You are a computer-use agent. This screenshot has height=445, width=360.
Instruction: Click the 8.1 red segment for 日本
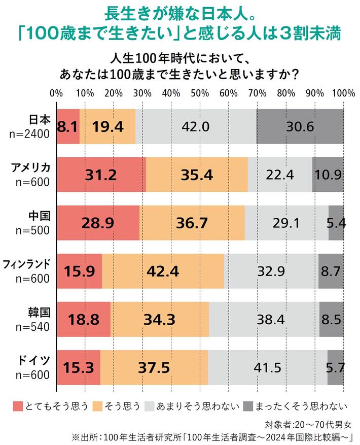pos(68,126)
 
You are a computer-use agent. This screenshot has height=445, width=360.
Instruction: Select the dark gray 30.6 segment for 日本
pos(300,126)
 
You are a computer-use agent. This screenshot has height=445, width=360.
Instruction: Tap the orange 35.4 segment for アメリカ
pos(197,175)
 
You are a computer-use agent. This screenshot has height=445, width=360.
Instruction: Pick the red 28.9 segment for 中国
pos(98,223)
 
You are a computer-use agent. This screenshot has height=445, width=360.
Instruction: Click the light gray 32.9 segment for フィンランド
pos(271,271)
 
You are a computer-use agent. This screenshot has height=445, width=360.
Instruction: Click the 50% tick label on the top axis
pos(200,93)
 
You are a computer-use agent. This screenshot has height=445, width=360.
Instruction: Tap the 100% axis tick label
pos(345,93)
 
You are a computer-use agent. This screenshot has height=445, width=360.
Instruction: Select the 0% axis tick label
pos(56,93)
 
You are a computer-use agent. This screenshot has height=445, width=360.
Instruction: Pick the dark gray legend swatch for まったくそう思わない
pos(247,405)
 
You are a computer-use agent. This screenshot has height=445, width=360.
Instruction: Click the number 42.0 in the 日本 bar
pos(196,126)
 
